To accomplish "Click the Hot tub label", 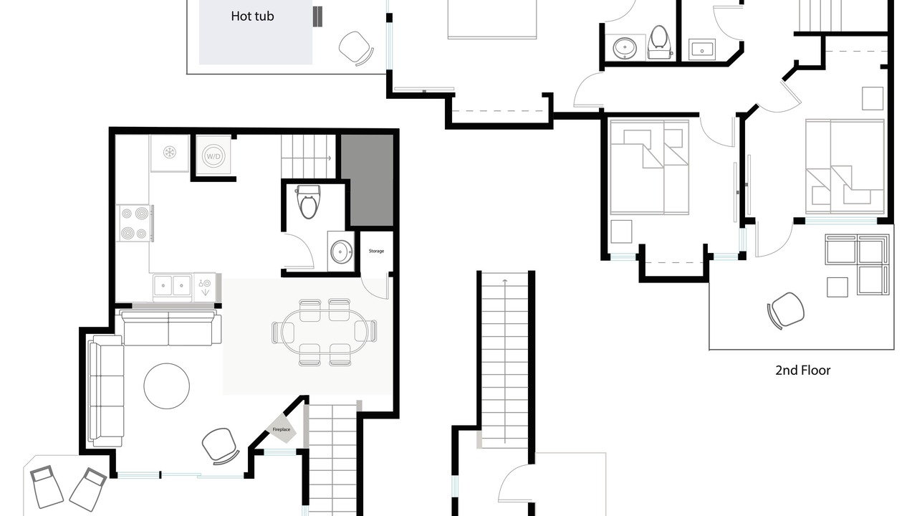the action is (252, 16).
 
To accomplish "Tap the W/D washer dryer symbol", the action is (213, 156).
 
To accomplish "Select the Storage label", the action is (376, 251).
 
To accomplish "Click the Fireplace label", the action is (282, 429).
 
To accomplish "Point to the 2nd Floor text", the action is (803, 371).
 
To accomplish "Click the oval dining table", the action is (323, 332).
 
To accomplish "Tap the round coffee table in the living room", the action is (167, 386).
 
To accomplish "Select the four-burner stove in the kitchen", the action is (135, 223).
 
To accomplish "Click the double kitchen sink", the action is (172, 285).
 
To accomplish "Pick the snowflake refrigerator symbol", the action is (169, 153).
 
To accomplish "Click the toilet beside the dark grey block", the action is (308, 201).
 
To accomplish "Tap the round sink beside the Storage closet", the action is (342, 252).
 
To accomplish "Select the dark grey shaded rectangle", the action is (368, 180).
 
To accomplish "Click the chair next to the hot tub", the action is (356, 48).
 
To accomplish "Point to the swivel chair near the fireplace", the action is (220, 446).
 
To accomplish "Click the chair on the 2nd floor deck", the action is (786, 310).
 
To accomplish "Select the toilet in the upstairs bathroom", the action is (659, 42).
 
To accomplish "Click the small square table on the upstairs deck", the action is (837, 287).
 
